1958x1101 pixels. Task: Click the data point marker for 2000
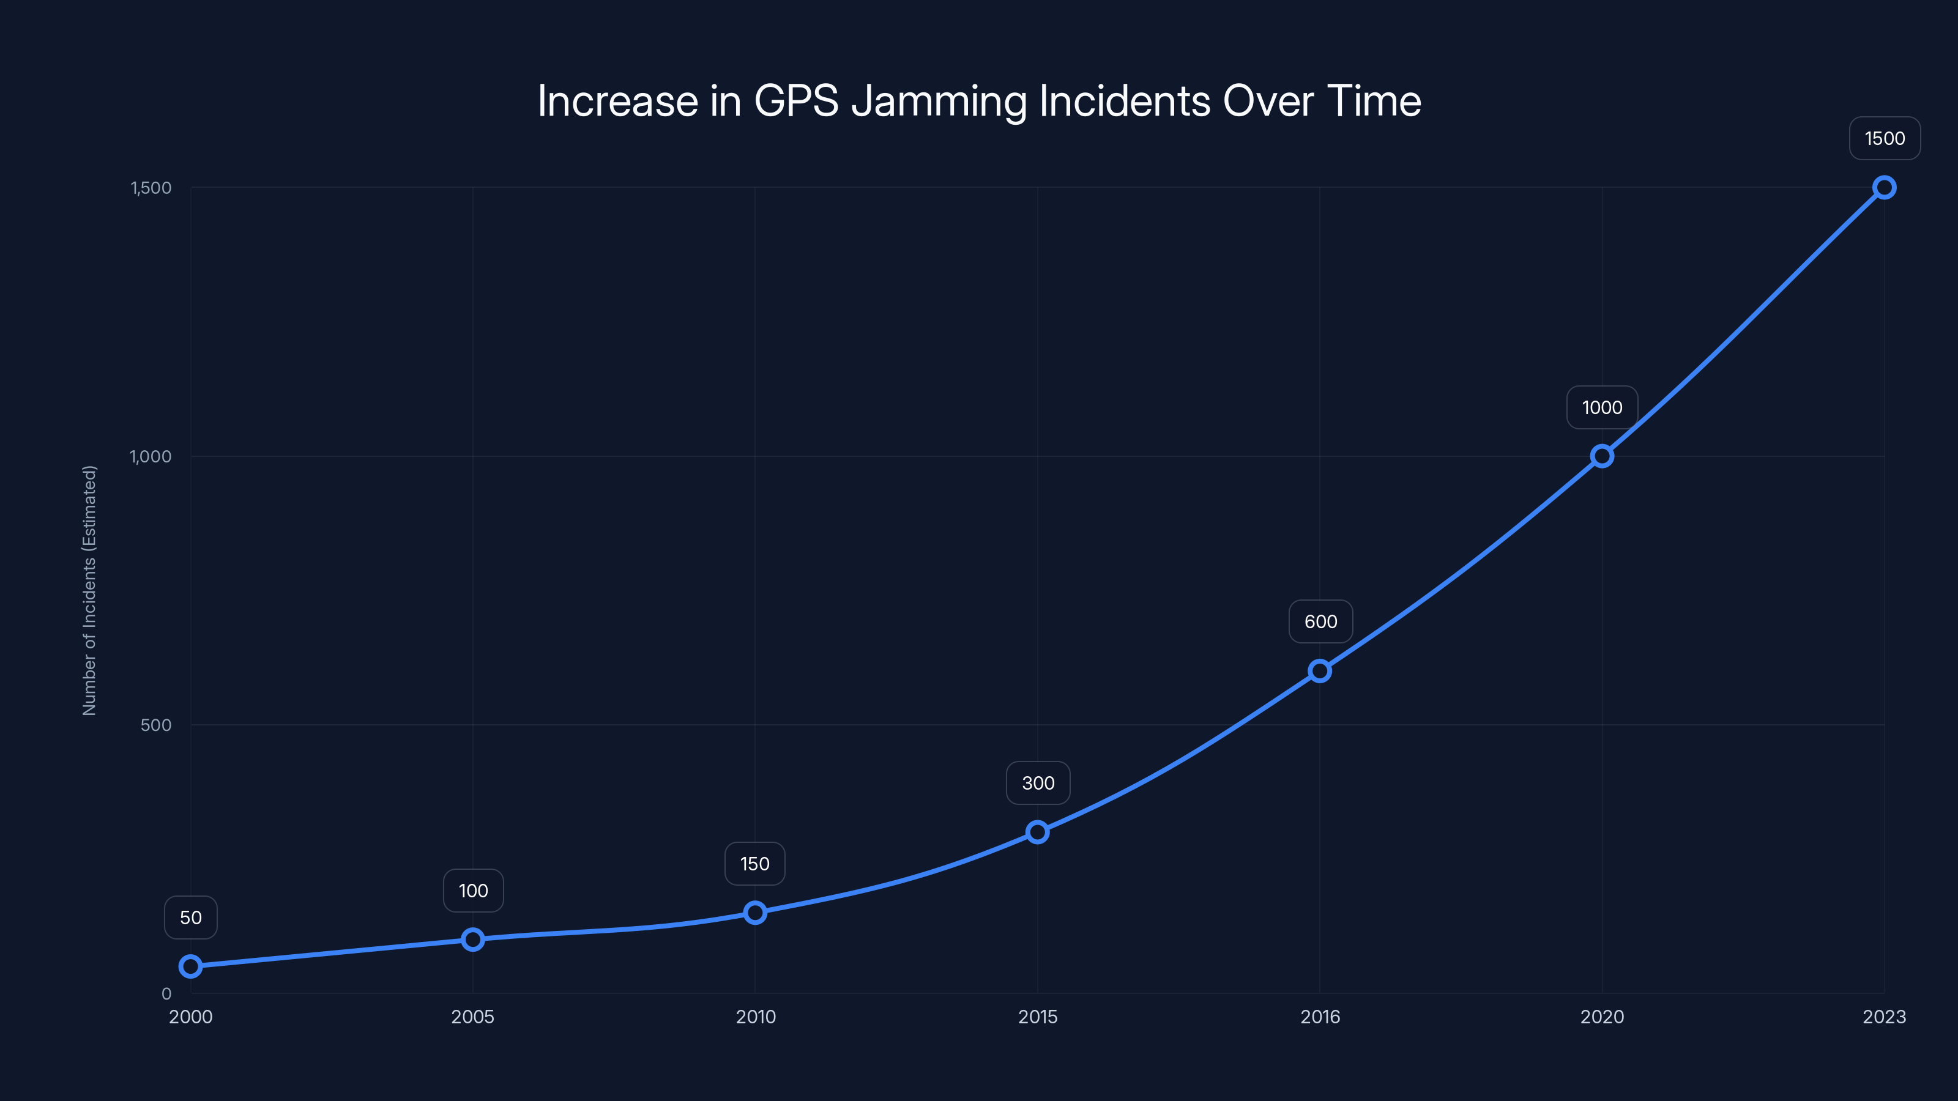(191, 966)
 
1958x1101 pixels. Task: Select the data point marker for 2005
(473, 940)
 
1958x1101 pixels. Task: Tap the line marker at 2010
(755, 913)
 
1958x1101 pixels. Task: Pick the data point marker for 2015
(1038, 832)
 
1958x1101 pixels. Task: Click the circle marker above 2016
(1320, 671)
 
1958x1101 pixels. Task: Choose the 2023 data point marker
(1885, 188)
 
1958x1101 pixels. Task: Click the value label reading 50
(191, 918)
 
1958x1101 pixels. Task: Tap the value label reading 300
(1038, 784)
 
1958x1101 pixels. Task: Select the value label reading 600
(1320, 621)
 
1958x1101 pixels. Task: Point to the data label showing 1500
(1885, 138)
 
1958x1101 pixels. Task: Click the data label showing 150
(755, 864)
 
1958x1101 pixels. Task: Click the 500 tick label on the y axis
(156, 725)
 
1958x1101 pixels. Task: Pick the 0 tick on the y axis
(166, 994)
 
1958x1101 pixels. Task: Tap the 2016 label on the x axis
(1320, 1017)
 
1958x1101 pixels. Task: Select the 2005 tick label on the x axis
(473, 1017)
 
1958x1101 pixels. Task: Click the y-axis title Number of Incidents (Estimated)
(90, 590)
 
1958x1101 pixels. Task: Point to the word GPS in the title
(796, 101)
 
